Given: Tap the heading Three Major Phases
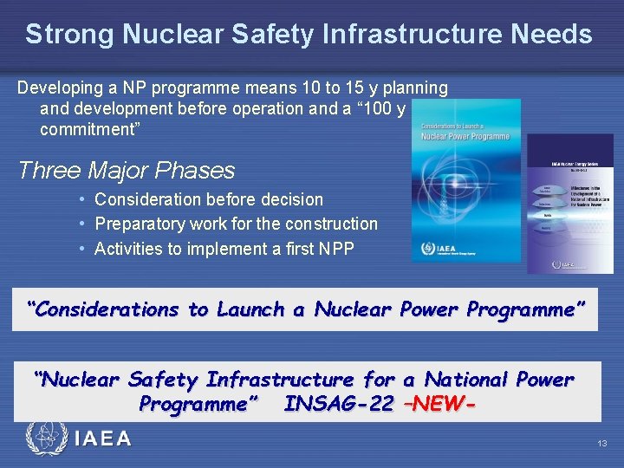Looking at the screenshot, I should click(127, 170).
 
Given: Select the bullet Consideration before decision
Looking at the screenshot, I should click(208, 199).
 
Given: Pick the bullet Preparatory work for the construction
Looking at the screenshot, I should click(236, 224).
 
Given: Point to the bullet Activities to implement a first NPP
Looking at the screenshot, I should click(224, 249).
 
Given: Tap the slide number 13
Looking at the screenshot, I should click(602, 444).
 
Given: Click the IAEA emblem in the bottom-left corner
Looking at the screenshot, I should click(45, 439).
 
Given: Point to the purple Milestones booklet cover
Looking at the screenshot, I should click(569, 204).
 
